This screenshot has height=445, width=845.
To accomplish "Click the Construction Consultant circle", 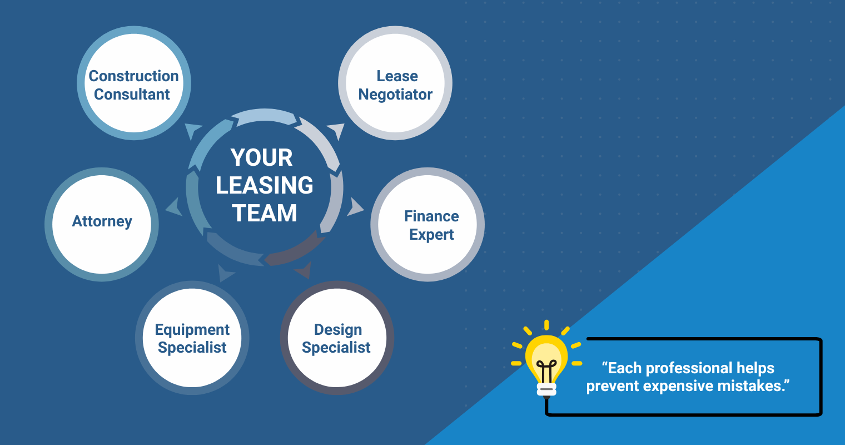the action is click(134, 83).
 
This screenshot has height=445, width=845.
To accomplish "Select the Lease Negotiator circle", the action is click(395, 83).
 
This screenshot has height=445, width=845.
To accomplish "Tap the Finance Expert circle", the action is click(428, 225).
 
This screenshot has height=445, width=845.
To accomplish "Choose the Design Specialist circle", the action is click(337, 338).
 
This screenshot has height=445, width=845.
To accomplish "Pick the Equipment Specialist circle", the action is click(192, 338).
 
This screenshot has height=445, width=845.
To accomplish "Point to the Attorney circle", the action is click(102, 225).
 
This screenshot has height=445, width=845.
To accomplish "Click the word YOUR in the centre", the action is click(262, 157).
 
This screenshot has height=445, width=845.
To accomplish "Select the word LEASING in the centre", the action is click(265, 185).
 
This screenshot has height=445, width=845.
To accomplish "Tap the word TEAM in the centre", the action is click(265, 213).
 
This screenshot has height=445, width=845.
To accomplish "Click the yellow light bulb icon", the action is click(546, 360).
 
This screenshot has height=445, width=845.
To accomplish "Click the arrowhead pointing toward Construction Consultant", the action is click(193, 131).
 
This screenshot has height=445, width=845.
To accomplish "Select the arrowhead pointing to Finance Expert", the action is click(355, 207).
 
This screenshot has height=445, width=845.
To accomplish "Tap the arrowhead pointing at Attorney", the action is click(175, 207).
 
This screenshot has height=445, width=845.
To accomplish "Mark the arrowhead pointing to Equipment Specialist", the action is click(226, 273).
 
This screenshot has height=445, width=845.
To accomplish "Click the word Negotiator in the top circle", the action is click(395, 95).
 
